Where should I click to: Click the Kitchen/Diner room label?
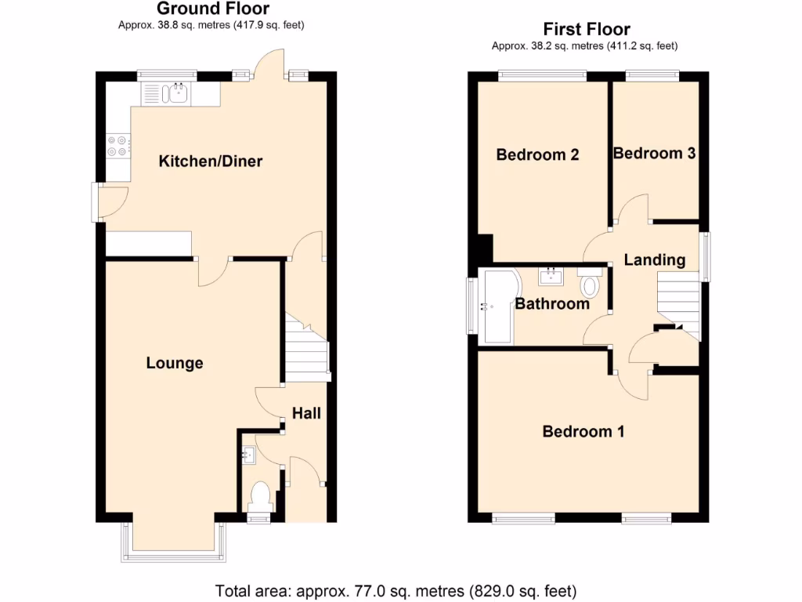pyautogui.click(x=211, y=161)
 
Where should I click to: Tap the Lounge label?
pyautogui.click(x=175, y=363)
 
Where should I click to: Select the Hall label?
pyautogui.click(x=306, y=412)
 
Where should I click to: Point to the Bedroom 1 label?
pyautogui.click(x=583, y=431)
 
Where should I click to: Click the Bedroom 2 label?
pyautogui.click(x=537, y=154)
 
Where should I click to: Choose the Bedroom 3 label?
pyautogui.click(x=654, y=153)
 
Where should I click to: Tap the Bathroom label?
pyautogui.click(x=552, y=303)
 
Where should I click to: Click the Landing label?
pyautogui.click(x=655, y=259)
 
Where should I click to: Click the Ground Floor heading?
pyautogui.click(x=213, y=9)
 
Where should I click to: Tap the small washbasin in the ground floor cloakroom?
pyautogui.click(x=249, y=454)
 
